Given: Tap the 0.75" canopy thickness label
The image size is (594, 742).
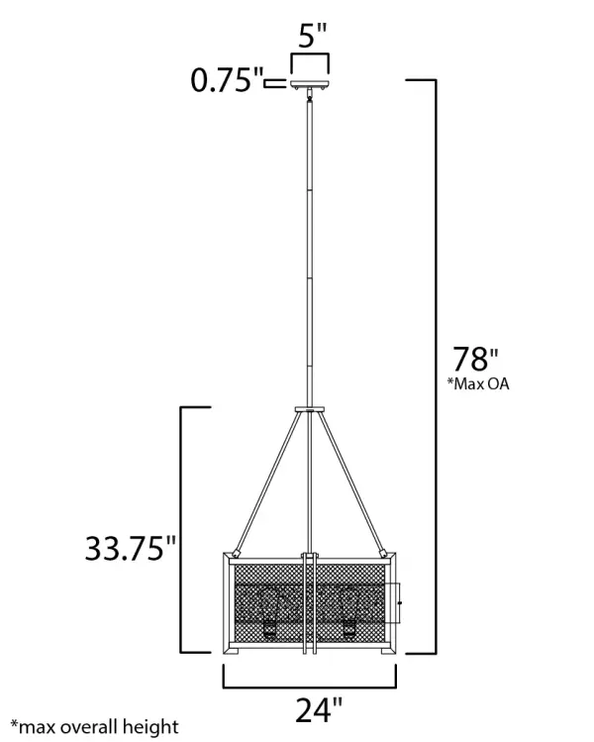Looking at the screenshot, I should [227, 81].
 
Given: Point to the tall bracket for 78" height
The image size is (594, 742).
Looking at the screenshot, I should [433, 367].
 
